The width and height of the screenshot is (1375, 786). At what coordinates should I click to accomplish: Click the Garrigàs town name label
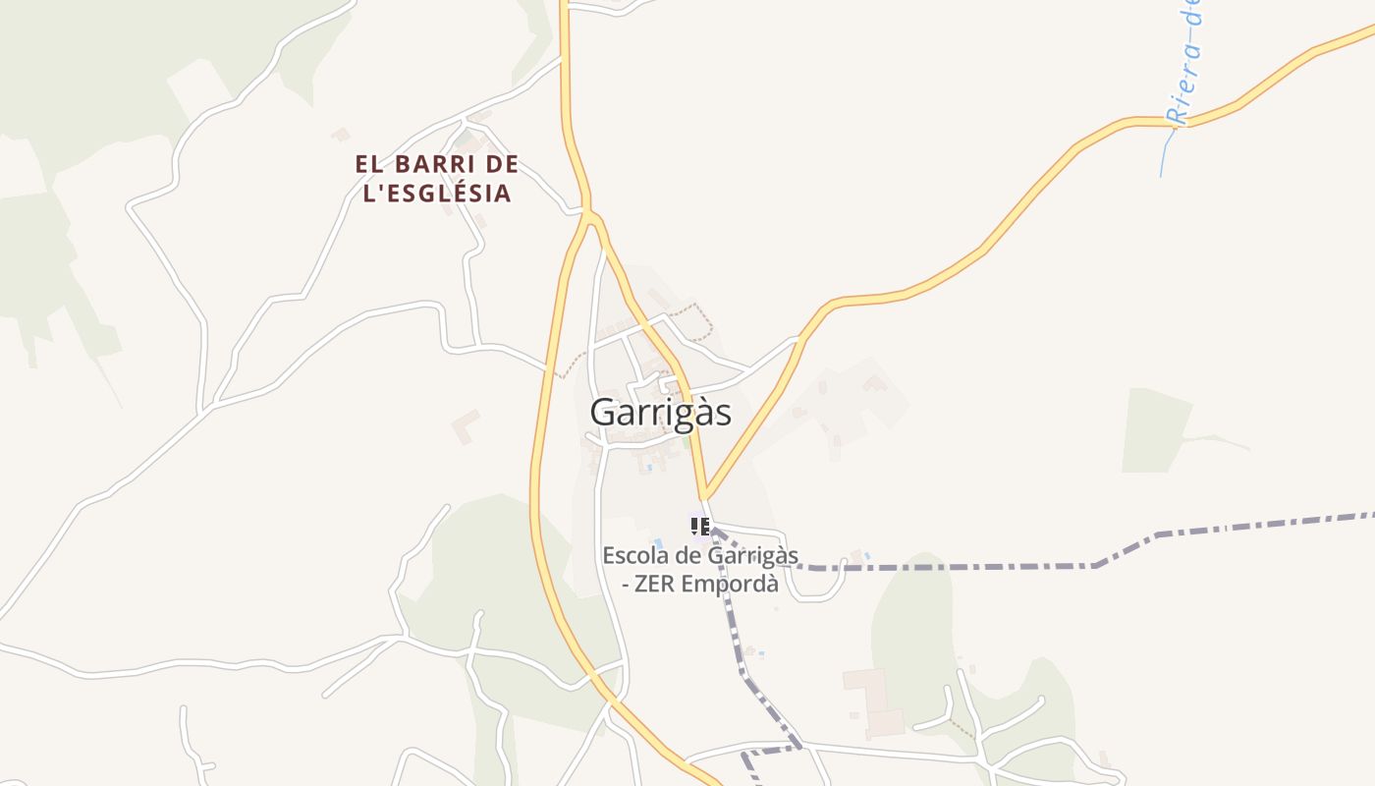[660, 413]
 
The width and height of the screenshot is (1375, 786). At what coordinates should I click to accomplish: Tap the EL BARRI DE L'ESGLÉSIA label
[437, 179]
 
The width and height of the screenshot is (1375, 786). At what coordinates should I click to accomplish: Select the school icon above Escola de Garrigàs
[700, 527]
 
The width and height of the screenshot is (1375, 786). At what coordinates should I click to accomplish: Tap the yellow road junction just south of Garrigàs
[705, 494]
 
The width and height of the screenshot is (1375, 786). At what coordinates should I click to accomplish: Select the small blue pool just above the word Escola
[658, 543]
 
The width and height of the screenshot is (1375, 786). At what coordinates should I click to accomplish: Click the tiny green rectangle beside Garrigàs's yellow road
[686, 443]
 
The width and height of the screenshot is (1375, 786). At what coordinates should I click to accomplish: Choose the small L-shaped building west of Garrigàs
[466, 426]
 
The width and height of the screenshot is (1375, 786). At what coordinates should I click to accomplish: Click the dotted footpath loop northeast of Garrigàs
[699, 319]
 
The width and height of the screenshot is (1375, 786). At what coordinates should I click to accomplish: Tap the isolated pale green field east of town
[1154, 430]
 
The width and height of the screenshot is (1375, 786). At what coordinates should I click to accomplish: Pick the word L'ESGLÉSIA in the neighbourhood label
[437, 194]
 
